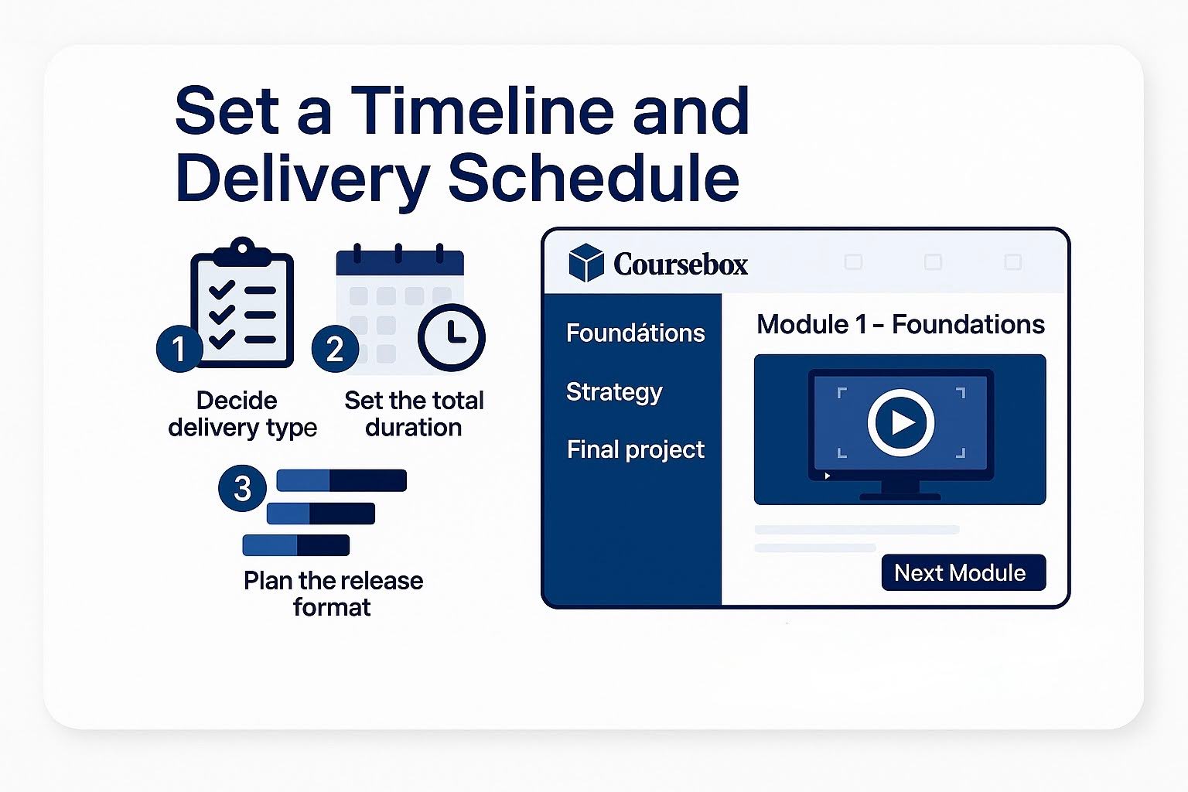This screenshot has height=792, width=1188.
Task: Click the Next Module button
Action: click(x=963, y=572)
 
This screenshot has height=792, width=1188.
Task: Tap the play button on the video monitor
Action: click(x=901, y=422)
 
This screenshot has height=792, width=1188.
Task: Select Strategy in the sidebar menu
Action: click(x=614, y=392)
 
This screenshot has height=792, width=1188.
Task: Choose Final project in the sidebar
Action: click(x=635, y=449)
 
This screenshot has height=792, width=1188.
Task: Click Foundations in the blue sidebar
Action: click(x=635, y=333)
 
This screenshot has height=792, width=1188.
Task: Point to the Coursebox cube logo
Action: click(x=585, y=263)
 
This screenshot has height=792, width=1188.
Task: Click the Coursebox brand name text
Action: click(x=680, y=265)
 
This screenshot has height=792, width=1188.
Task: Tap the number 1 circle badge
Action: click(x=179, y=349)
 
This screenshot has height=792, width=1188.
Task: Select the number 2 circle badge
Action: click(x=335, y=349)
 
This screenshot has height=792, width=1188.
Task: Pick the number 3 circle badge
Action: click(x=242, y=488)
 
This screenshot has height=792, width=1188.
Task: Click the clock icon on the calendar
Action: click(x=451, y=337)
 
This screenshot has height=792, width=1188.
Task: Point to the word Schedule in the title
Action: click(x=593, y=178)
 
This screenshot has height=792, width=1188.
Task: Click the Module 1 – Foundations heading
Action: click(x=900, y=324)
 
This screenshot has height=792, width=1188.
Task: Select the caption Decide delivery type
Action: click(x=242, y=414)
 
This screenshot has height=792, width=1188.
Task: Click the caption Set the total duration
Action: click(x=414, y=414)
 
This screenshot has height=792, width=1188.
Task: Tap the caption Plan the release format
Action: click(x=333, y=593)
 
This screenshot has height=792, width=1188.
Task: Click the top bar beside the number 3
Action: click(x=341, y=480)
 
